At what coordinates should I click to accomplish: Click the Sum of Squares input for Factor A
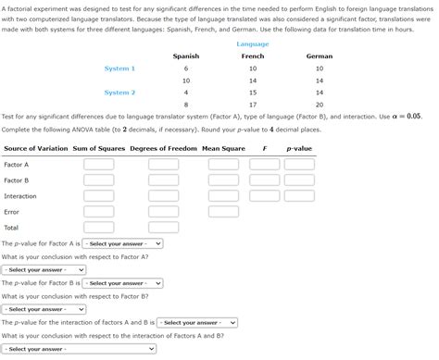click(99, 165)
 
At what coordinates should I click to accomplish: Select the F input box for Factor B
click(264, 180)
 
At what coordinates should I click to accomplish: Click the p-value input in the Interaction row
click(299, 196)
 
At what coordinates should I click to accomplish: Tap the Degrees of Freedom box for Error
click(164, 212)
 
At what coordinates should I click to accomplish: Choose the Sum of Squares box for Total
click(99, 228)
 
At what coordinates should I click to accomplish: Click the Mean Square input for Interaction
click(223, 196)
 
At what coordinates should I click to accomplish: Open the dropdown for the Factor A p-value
click(122, 244)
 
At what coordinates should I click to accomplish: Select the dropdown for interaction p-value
click(197, 323)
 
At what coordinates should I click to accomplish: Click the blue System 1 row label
click(119, 68)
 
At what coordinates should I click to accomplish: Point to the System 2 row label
click(119, 93)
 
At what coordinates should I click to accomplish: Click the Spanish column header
click(186, 56)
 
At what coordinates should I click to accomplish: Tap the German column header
click(320, 56)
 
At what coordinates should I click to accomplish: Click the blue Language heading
click(253, 44)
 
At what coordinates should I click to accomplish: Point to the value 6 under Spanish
click(186, 68)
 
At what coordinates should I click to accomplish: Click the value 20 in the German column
click(320, 105)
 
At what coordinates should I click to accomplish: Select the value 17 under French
click(253, 105)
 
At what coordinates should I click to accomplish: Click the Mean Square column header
click(223, 149)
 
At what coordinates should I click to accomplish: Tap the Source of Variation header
click(36, 149)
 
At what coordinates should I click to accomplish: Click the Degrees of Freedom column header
click(164, 149)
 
